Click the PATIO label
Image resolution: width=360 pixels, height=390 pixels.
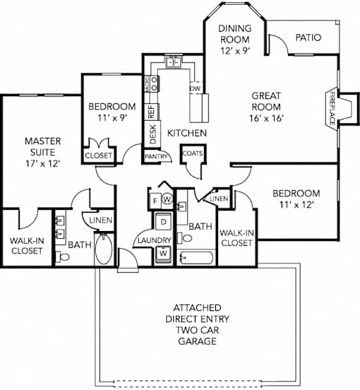coord(308,37)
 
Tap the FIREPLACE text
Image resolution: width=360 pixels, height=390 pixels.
coord(332,108)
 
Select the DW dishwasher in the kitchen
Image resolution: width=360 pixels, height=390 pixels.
coord(196,88)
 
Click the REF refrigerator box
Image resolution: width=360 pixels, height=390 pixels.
coord(151,112)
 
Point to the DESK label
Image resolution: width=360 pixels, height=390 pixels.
coord(153,134)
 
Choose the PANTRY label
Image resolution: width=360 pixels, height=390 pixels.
coord(156,156)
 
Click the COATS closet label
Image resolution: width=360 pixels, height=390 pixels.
coord(193,153)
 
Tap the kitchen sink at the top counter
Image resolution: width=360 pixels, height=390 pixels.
coord(173,62)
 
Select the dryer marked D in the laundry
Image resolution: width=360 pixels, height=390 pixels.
coord(163,222)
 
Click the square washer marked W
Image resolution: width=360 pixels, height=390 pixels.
coord(163,253)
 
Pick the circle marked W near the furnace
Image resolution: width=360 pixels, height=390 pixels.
coord(167,199)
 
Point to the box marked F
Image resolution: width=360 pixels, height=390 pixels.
coord(155,201)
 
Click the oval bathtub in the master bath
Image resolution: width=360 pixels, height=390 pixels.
coord(104,249)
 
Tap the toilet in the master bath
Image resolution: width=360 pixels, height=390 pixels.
coord(62,257)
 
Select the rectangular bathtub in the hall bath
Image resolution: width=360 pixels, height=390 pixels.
coord(196,258)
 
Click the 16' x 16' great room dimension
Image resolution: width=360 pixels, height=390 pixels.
coord(267,118)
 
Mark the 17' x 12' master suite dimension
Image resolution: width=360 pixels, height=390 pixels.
coord(43,164)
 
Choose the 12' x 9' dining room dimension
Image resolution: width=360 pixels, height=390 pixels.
coord(235,51)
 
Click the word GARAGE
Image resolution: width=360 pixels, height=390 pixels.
coord(197,341)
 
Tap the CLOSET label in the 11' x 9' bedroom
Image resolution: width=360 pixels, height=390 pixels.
coord(99,155)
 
